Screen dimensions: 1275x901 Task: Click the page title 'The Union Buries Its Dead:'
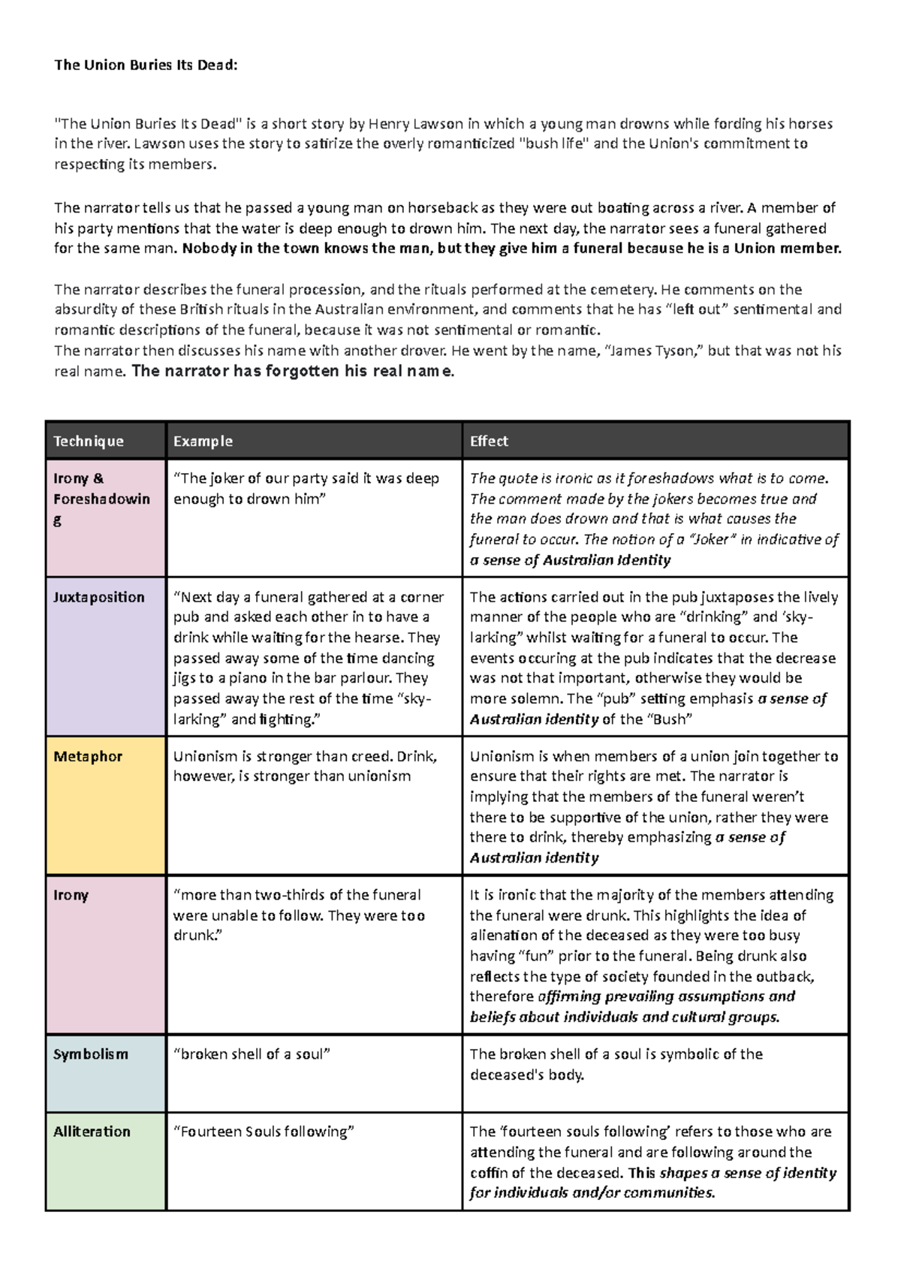coord(146,65)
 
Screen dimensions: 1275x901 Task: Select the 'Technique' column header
coord(89,442)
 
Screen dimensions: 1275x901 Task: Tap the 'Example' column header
coord(203,442)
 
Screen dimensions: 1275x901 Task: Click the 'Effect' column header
coord(489,442)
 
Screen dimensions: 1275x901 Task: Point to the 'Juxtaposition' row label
coord(98,598)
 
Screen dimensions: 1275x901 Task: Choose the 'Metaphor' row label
coord(88,757)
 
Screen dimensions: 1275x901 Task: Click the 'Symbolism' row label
coord(91,1054)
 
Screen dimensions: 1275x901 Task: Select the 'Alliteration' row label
coord(92,1132)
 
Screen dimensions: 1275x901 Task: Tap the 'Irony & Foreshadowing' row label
coord(101,499)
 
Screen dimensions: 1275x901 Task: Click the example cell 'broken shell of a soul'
coord(252,1054)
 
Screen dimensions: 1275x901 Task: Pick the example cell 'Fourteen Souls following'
coord(264,1132)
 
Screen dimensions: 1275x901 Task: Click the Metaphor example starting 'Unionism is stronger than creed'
coord(305,766)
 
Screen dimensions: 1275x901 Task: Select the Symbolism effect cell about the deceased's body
coord(616,1064)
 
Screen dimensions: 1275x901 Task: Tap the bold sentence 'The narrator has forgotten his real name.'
coord(293,372)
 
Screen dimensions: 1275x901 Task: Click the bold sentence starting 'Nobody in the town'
coord(511,249)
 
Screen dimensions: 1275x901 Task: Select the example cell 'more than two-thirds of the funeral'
coord(299,915)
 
